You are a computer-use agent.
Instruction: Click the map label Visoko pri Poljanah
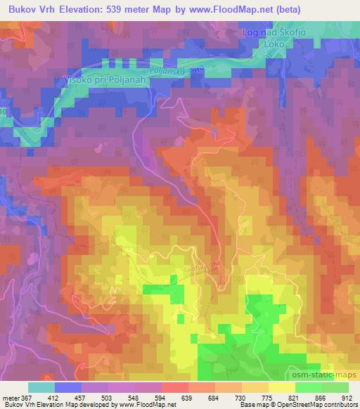point(92,79)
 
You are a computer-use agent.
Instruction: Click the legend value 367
point(25,397)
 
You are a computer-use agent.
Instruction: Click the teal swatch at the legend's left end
point(41,387)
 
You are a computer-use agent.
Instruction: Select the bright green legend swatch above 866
point(309,387)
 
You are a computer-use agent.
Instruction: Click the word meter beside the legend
point(10,397)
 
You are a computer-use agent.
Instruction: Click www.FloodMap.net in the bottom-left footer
point(143,405)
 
